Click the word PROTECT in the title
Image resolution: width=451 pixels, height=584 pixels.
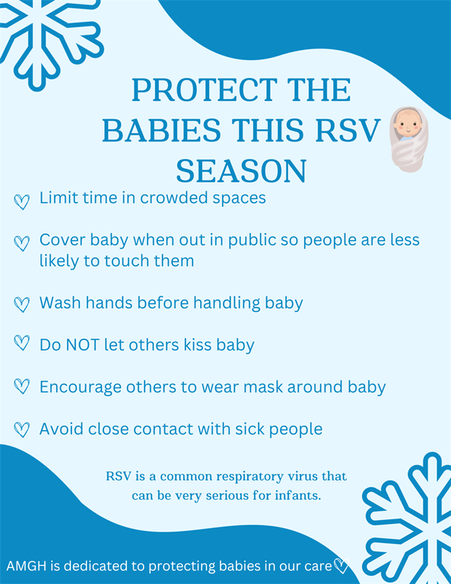pos(205,90)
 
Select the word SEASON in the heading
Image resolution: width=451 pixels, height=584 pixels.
pos(241,171)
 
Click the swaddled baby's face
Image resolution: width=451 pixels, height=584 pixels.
pos(408,124)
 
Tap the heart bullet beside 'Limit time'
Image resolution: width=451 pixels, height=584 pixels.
pos(21,202)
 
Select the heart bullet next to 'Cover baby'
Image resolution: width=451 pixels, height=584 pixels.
pos(21,243)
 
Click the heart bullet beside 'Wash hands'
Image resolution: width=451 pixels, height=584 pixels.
pos(21,304)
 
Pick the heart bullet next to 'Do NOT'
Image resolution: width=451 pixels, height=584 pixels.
pos(21,343)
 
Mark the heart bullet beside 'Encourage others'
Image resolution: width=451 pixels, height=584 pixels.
pos(21,386)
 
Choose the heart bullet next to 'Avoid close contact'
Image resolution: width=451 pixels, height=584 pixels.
pos(21,430)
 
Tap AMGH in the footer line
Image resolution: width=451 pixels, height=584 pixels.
pos(26,566)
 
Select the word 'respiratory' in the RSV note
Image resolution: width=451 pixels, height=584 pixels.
pos(250,477)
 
